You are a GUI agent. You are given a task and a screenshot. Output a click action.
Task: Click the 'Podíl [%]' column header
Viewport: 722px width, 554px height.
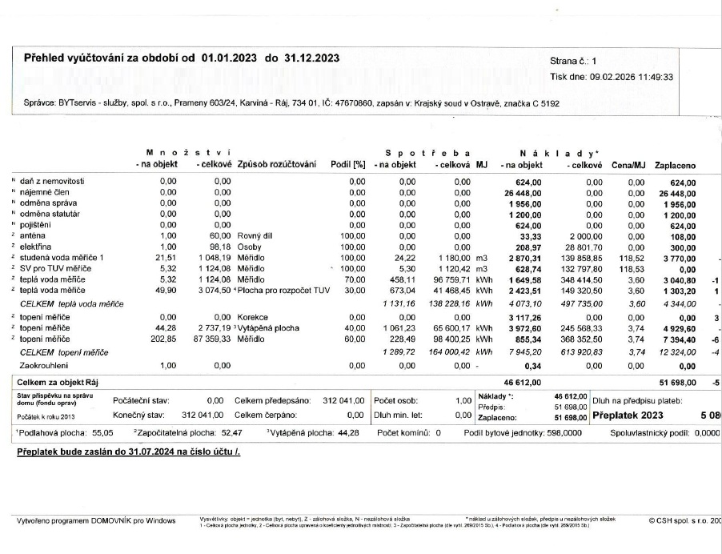click(x=347, y=166)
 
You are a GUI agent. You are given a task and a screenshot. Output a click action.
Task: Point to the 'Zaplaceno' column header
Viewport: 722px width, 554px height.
click(x=675, y=166)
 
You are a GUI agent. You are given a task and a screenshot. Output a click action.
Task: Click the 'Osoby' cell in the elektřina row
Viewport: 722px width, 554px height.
click(x=250, y=247)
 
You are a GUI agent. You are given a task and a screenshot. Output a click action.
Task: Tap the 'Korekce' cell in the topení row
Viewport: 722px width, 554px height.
click(x=253, y=318)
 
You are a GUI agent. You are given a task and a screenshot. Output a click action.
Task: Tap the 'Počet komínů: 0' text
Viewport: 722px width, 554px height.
click(x=409, y=433)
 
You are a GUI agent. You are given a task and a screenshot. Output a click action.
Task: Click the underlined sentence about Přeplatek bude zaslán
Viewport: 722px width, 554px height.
click(x=128, y=452)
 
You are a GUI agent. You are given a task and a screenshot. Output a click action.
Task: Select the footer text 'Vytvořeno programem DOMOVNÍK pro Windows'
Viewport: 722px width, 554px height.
click(x=96, y=520)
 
